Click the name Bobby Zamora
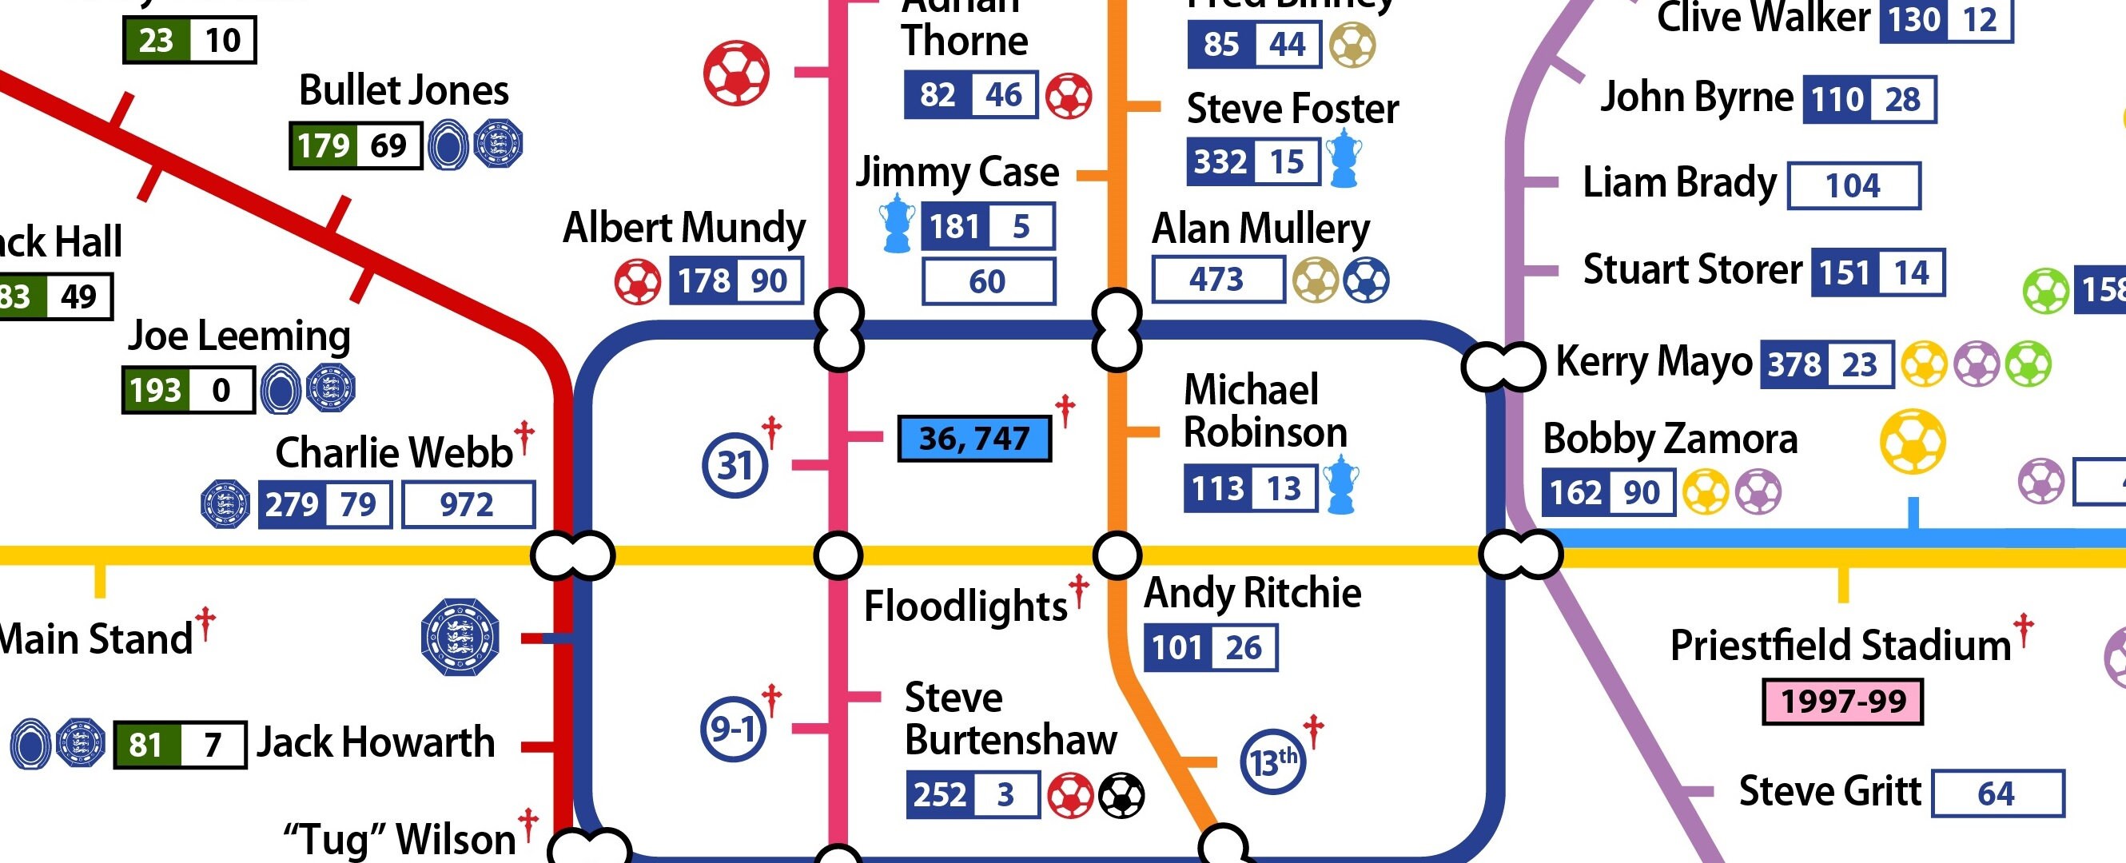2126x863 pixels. (x=1670, y=439)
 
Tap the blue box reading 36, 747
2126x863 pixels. (x=973, y=438)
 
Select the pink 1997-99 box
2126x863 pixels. (x=1842, y=702)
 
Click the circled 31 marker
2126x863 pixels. (x=734, y=465)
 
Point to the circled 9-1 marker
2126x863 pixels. (x=733, y=729)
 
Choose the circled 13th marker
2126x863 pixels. (x=1272, y=762)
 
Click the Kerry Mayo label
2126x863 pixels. (x=1653, y=361)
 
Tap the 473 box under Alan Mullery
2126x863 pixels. (x=1217, y=280)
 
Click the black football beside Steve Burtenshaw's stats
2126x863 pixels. (x=1121, y=795)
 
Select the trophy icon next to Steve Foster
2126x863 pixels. (x=1344, y=158)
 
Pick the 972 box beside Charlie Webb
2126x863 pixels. (x=467, y=504)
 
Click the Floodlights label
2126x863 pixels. (x=965, y=606)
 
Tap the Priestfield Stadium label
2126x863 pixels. (x=1841, y=645)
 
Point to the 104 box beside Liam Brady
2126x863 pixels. (x=1853, y=185)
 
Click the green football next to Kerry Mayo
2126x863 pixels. (x=2028, y=364)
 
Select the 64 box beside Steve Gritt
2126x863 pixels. (x=1997, y=793)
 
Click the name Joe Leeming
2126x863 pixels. (x=238, y=336)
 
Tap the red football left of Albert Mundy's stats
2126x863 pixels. (x=638, y=282)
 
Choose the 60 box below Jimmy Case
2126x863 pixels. (x=987, y=281)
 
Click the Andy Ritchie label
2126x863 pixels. (x=1252, y=593)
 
